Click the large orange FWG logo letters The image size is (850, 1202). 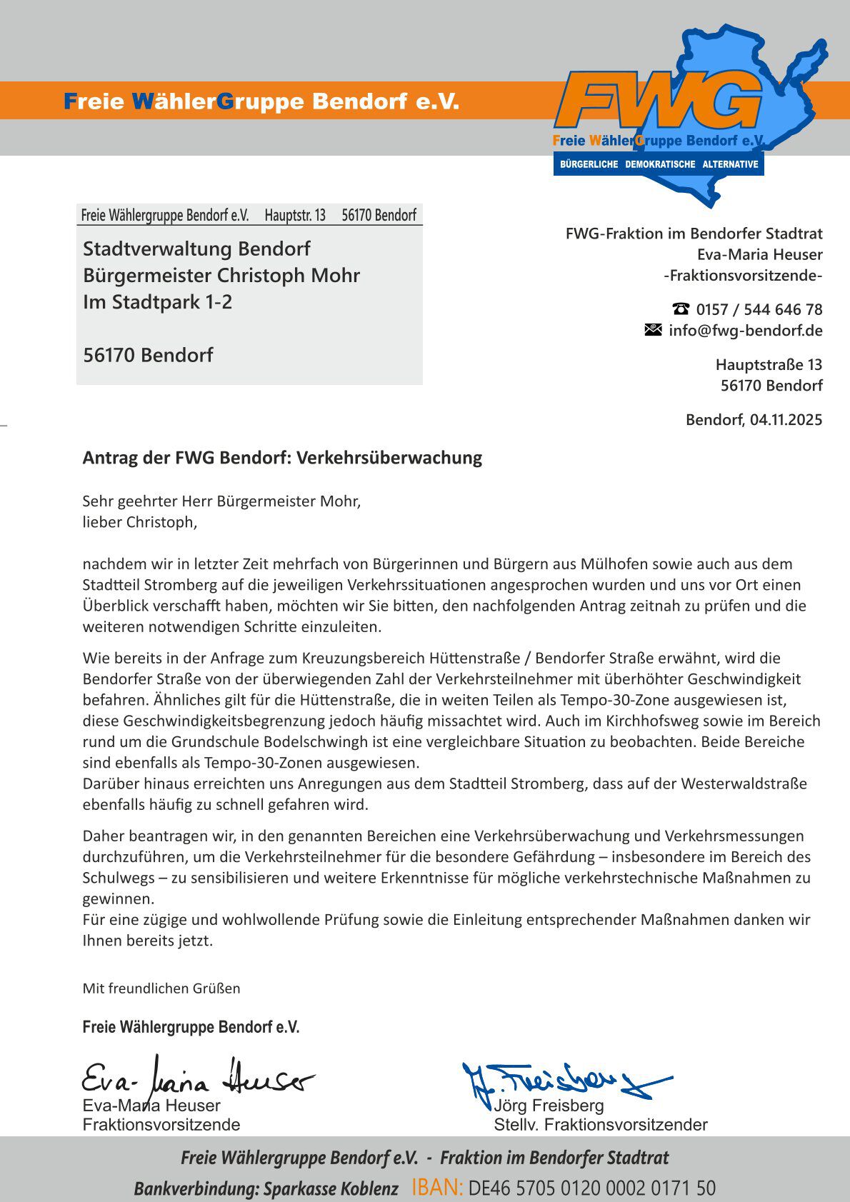pos(657,101)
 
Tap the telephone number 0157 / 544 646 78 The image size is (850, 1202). pos(759,309)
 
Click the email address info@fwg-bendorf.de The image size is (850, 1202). pos(745,330)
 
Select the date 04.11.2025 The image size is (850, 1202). pos(786,419)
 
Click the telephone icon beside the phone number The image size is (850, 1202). pos(681,309)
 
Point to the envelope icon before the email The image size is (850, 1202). pos(653,329)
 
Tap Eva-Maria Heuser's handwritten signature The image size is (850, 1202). pos(196,1079)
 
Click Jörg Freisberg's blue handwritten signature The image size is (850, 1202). pos(564,1081)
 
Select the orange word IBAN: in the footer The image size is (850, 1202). pos(437,1187)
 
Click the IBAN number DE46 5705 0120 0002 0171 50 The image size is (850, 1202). pos(591,1188)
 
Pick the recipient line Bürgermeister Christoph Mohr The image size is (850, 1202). pos(221,275)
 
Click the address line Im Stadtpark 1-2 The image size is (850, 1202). pos(157,301)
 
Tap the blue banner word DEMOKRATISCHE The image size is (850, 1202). pos(660,164)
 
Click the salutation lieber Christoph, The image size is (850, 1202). pos(139,522)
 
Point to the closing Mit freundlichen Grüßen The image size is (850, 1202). pos(161,988)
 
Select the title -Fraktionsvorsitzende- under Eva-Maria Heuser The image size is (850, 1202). pos(743,275)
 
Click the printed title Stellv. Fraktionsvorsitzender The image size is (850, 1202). pos(600,1125)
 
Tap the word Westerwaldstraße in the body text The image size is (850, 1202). pos(744,783)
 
